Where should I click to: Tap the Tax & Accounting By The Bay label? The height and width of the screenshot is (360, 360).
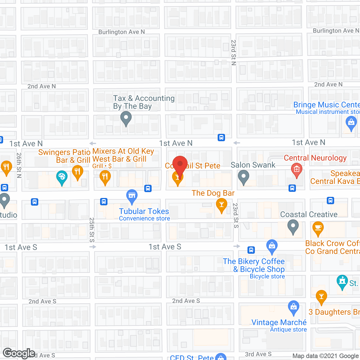[144, 102]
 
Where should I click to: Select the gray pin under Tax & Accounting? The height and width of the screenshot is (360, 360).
[126, 118]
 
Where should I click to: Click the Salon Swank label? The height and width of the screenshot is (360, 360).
[253, 165]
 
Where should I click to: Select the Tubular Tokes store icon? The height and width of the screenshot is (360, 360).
[132, 196]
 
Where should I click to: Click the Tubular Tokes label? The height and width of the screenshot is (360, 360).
[144, 211]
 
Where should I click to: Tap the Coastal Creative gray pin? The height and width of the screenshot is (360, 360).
[293, 227]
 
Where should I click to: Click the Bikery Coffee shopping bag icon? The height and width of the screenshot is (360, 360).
[272, 246]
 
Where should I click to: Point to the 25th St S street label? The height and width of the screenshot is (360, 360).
[92, 230]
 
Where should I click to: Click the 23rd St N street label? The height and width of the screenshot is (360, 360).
[233, 52]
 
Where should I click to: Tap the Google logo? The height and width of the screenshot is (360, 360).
[19, 353]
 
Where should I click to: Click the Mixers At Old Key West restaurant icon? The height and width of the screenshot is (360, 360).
[105, 177]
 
